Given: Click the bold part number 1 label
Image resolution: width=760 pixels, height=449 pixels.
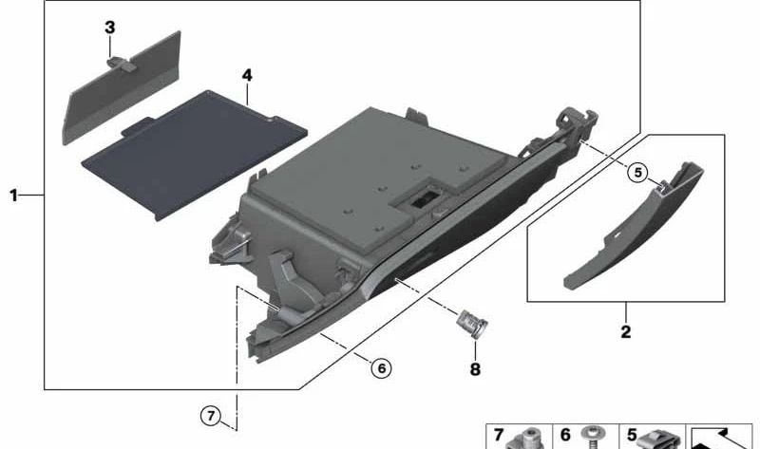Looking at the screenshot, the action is click(x=13, y=196).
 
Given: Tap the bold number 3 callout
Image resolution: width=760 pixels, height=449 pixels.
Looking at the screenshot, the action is click(x=110, y=28).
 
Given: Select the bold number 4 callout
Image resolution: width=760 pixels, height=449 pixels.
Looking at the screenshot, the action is click(x=247, y=75).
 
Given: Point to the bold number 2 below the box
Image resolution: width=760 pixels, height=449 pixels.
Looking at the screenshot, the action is click(x=626, y=332).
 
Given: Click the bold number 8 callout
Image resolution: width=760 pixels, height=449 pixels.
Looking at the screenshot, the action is click(x=475, y=369).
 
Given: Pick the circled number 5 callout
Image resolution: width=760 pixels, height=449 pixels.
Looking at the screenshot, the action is click(x=637, y=173).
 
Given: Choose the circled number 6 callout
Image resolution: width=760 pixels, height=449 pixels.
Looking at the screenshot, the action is click(x=382, y=368).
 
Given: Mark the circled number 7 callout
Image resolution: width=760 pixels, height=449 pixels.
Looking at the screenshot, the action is click(x=211, y=416).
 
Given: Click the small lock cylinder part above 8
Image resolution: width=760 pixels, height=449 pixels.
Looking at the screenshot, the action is click(x=471, y=323).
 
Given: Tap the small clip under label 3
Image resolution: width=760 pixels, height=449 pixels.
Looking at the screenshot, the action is click(x=121, y=64).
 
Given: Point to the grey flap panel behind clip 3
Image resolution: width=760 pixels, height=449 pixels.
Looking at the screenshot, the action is click(x=123, y=87).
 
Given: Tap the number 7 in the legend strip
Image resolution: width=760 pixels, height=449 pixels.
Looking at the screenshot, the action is click(x=498, y=435).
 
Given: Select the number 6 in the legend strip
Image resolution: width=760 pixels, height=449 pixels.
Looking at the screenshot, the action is click(x=565, y=435).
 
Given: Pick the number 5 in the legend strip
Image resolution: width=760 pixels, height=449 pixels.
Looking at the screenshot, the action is click(x=632, y=435).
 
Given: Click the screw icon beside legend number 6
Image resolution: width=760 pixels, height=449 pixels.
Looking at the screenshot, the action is click(x=591, y=438).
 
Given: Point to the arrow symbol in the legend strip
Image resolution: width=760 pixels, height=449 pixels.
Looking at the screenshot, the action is click(x=721, y=439).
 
